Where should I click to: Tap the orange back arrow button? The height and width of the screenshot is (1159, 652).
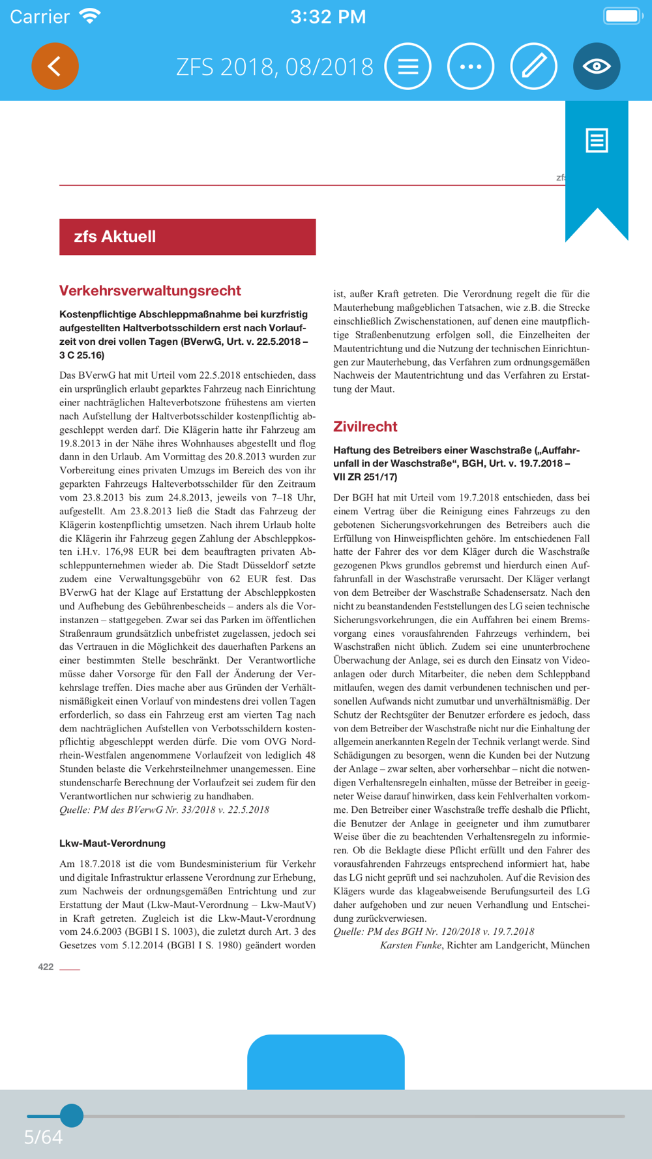coord(55,66)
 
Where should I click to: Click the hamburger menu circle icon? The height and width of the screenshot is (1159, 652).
coord(408,66)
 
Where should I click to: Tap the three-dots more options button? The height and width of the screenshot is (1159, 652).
coord(471,66)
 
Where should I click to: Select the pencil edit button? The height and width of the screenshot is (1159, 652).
coord(533,66)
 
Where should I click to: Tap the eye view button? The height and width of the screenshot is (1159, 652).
coord(597,66)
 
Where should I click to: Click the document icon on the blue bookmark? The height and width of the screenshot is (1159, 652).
coord(597,140)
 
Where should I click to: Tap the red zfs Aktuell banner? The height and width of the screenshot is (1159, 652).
coord(187,237)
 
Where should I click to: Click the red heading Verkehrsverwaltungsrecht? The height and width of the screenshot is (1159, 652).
coord(150,291)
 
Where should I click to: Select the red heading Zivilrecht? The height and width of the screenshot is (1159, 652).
coord(365,427)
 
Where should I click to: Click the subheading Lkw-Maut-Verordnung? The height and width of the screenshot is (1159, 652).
coord(112,844)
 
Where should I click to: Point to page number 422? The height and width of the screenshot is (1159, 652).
coord(46,967)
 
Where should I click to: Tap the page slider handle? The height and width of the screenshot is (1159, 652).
coord(72,1115)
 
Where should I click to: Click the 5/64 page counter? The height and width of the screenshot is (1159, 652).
coord(43,1137)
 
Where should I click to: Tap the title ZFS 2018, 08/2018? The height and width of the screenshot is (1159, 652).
coord(274,66)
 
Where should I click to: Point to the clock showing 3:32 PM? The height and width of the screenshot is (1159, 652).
coord(328,17)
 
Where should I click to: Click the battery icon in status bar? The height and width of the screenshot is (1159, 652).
coord(622,16)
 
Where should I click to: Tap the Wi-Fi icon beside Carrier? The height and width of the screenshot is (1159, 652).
coord(89,16)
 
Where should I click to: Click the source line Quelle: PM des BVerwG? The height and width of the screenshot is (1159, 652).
coord(164,810)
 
